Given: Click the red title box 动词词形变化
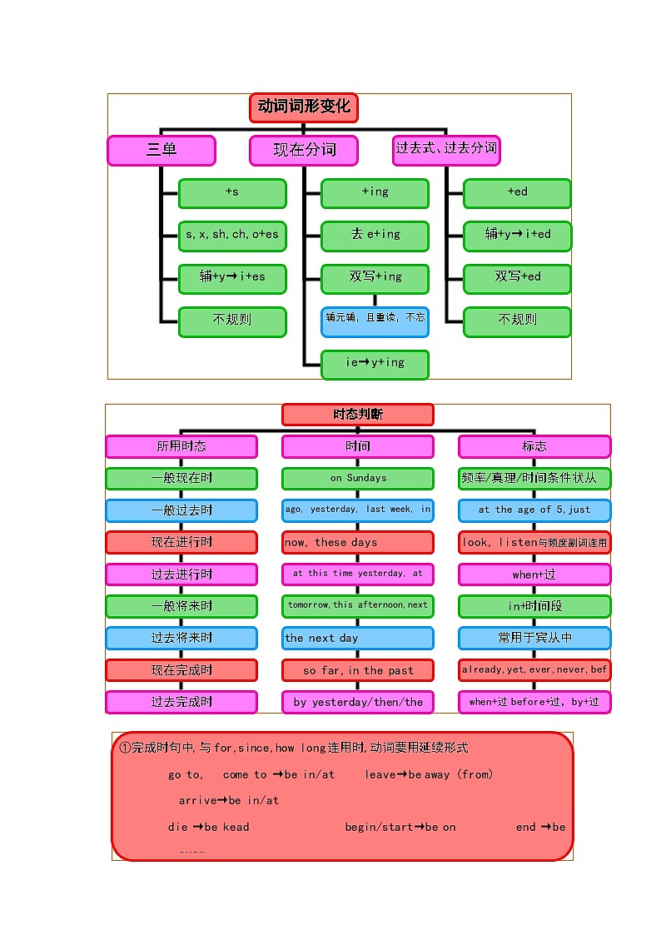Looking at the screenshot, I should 304,107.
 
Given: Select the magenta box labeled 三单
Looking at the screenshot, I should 162,151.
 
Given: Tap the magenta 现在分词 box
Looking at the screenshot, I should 304,151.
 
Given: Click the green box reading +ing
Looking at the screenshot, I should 375,193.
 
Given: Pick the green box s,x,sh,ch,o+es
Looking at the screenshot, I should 232,236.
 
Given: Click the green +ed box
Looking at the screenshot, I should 517,193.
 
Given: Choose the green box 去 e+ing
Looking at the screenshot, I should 375,236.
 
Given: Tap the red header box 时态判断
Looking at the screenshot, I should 358,415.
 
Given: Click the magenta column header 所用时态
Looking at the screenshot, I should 181,446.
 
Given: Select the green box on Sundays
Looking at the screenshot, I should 358,479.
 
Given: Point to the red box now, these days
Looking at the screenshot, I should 358,543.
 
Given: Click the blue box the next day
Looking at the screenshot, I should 358,639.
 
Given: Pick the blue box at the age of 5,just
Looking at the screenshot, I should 534,510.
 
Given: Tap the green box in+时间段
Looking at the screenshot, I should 534,606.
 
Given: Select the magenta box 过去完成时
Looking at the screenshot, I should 181,702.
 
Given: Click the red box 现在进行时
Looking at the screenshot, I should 181,543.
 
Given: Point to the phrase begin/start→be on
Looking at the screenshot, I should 400,827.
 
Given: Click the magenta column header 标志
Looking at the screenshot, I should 534,446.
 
